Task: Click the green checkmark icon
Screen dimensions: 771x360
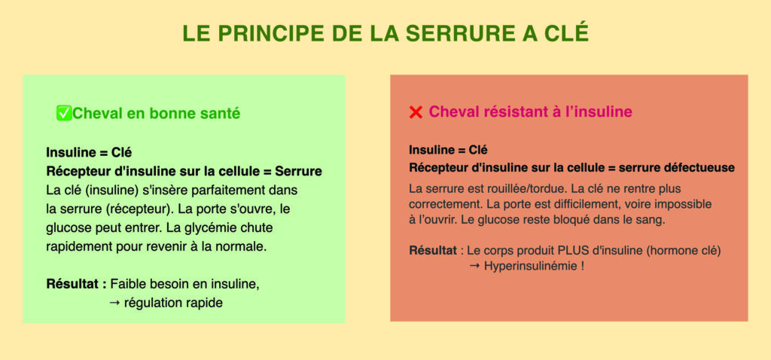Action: (x=64, y=113)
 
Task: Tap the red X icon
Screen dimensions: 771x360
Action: (x=416, y=113)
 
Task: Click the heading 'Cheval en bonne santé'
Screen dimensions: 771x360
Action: (x=157, y=114)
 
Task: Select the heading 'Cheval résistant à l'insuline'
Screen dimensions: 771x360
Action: (x=531, y=112)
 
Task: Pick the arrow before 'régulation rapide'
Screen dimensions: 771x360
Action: (x=114, y=303)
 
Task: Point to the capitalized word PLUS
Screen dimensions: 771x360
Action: (x=572, y=250)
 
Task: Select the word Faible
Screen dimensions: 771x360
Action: (x=126, y=284)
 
